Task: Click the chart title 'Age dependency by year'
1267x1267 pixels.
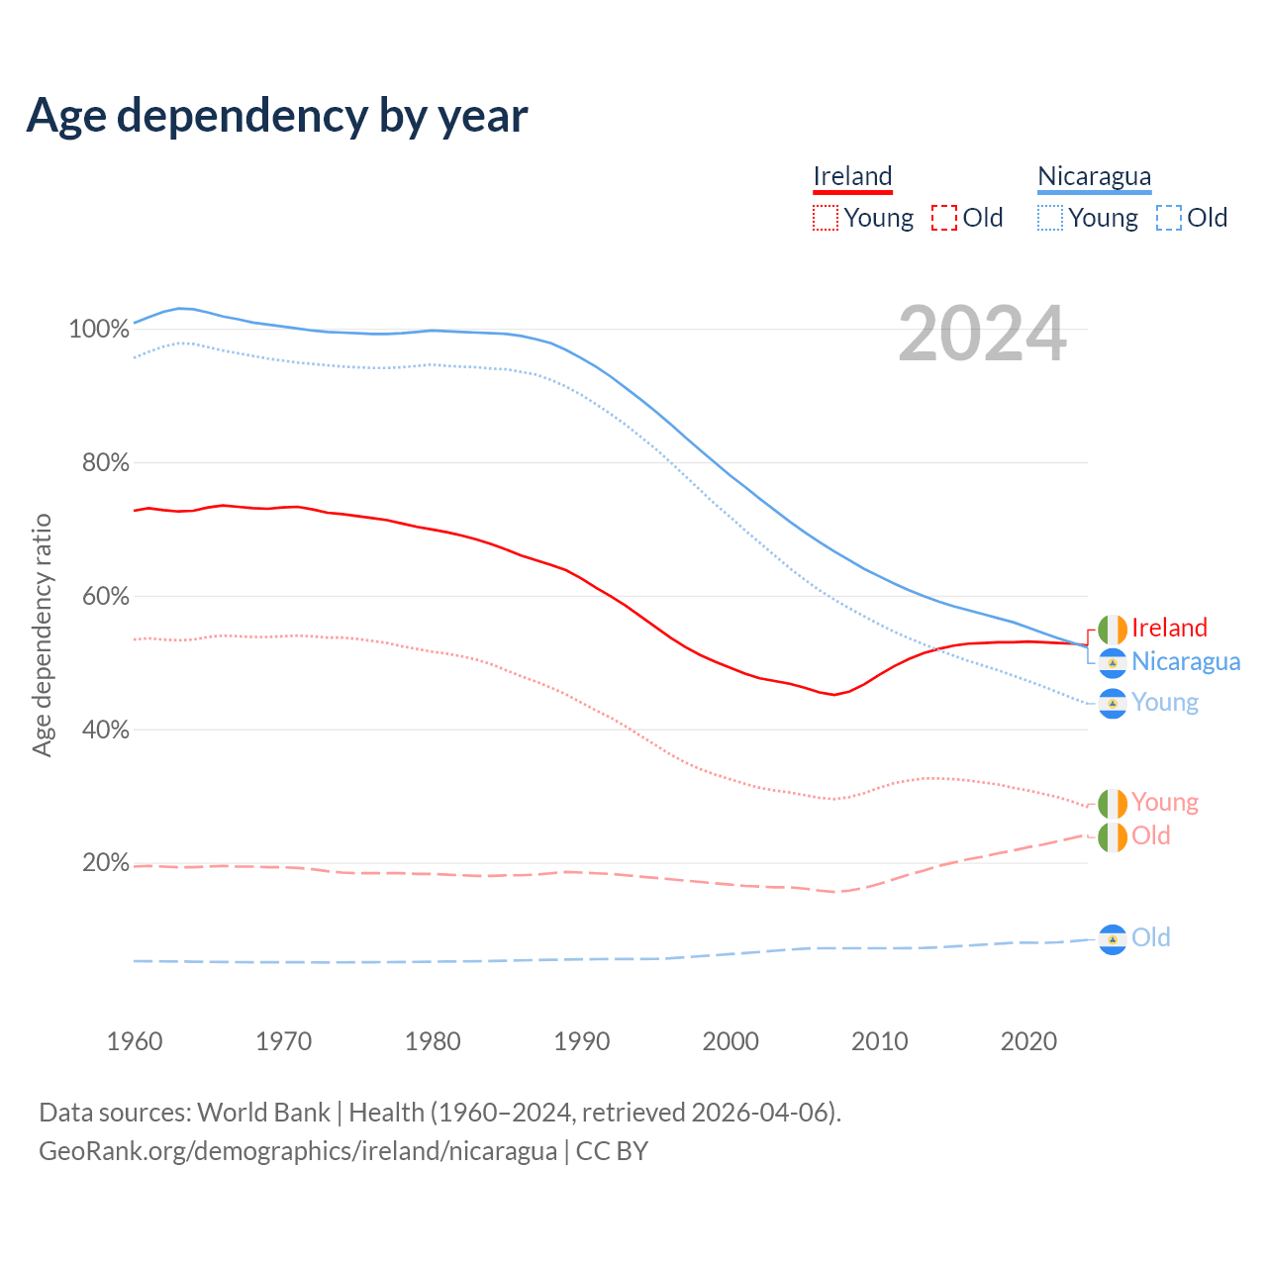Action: pos(277,116)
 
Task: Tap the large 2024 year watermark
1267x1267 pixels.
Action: pos(982,335)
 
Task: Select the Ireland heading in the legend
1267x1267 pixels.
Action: pos(852,177)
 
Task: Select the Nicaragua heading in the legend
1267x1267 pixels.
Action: pos(1094,177)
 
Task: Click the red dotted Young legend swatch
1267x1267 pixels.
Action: pos(826,218)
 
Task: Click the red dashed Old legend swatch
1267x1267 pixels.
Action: pos(944,218)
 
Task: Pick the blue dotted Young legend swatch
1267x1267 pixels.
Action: pos(1050,218)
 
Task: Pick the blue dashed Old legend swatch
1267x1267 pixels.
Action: pos(1169,218)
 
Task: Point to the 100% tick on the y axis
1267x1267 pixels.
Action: pos(99,329)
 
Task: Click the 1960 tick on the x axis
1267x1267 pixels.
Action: pos(135,1041)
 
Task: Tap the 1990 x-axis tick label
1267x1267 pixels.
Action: pos(582,1041)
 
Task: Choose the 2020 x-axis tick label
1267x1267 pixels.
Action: pos(1029,1041)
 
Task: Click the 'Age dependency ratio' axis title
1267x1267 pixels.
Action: pos(42,634)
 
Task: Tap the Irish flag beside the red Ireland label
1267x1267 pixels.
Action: pos(1113,629)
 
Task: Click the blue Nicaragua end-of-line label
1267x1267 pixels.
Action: pos(1186,661)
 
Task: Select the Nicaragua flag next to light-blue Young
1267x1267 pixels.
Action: pos(1113,703)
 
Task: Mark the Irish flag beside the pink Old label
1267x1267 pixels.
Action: pos(1113,836)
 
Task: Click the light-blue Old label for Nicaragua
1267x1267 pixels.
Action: pos(1151,937)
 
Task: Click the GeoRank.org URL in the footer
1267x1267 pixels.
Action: pos(298,1151)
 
